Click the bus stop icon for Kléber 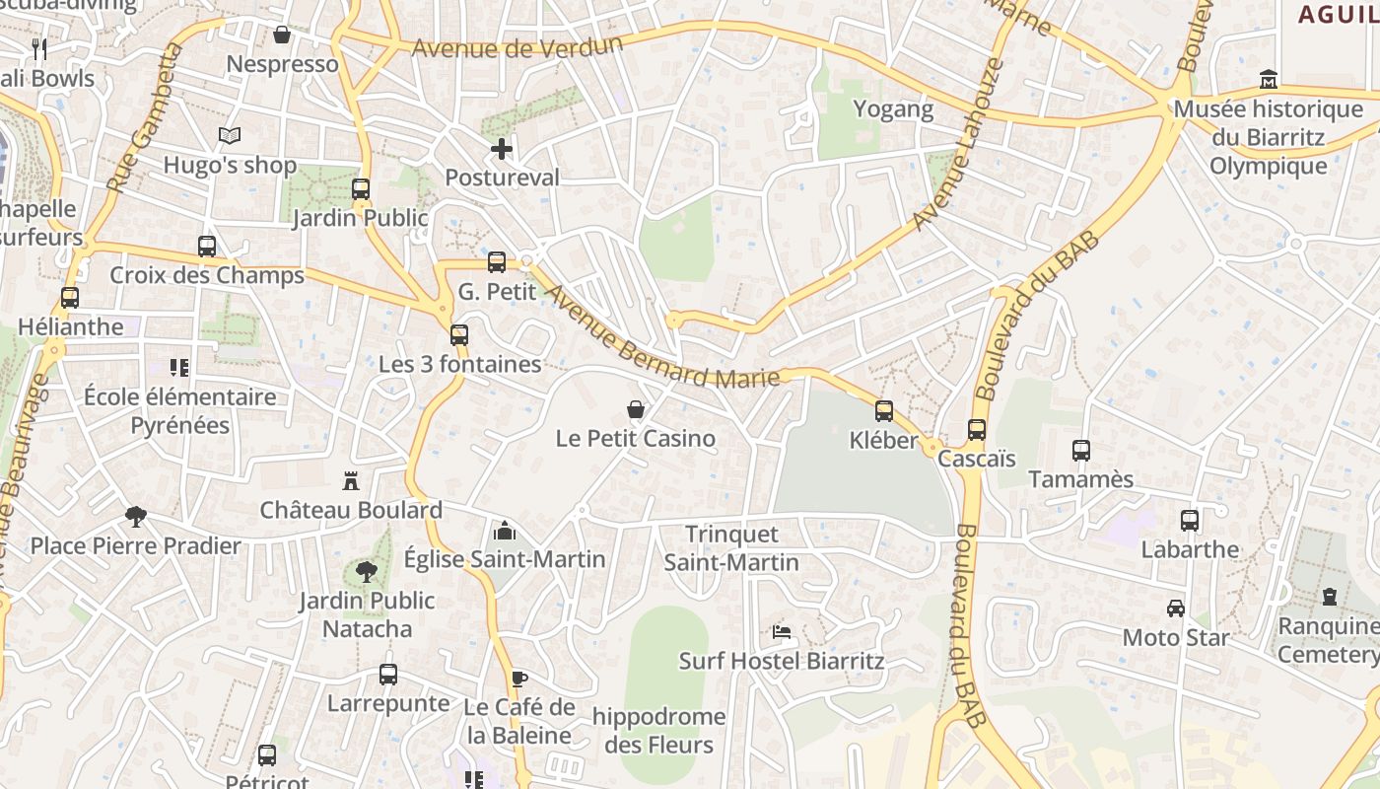pyautogui.click(x=884, y=411)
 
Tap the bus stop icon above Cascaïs pyautogui.click(x=977, y=430)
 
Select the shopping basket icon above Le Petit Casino pyautogui.click(x=636, y=409)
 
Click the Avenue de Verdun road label pyautogui.click(x=517, y=47)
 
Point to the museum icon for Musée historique pyautogui.click(x=1269, y=79)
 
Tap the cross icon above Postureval pyautogui.click(x=502, y=149)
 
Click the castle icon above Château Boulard pyautogui.click(x=350, y=481)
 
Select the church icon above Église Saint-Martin pyautogui.click(x=505, y=531)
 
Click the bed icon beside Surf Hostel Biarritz pyautogui.click(x=782, y=631)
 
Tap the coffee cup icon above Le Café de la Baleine pyautogui.click(x=519, y=678)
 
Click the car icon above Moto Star pyautogui.click(x=1176, y=609)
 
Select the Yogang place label pyautogui.click(x=893, y=108)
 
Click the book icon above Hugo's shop pyautogui.click(x=230, y=135)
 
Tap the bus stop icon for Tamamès pyautogui.click(x=1081, y=451)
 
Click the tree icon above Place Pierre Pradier pyautogui.click(x=136, y=516)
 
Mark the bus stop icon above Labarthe pyautogui.click(x=1190, y=521)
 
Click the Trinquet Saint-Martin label pyautogui.click(x=731, y=548)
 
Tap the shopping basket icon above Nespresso pyautogui.click(x=282, y=36)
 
